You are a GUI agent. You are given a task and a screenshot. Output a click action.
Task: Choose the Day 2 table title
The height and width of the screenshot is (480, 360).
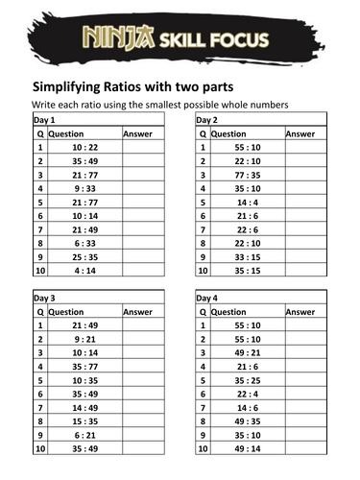click(x=209, y=120)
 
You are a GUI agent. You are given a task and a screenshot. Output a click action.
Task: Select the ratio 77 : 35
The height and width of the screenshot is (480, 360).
click(x=245, y=176)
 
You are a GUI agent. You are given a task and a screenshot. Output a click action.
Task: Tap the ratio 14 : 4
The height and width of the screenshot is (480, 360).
click(x=245, y=204)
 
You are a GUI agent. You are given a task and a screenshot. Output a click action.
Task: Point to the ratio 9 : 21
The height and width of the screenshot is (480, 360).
click(x=83, y=340)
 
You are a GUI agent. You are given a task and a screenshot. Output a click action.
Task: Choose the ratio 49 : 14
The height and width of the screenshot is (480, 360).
click(x=245, y=448)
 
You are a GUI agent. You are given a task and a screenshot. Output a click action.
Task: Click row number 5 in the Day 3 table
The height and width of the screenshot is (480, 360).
click(x=39, y=380)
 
